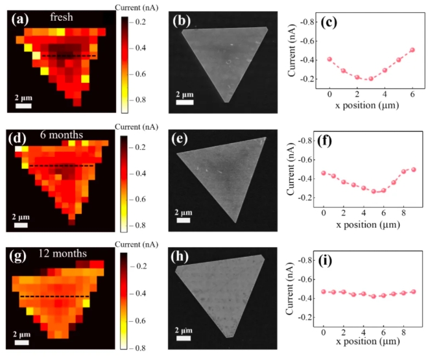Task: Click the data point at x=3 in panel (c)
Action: click(371, 79)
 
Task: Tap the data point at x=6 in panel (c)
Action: click(412, 50)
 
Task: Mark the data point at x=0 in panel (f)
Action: click(324, 173)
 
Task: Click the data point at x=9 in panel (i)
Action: click(412, 292)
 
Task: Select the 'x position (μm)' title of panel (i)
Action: click(367, 344)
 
